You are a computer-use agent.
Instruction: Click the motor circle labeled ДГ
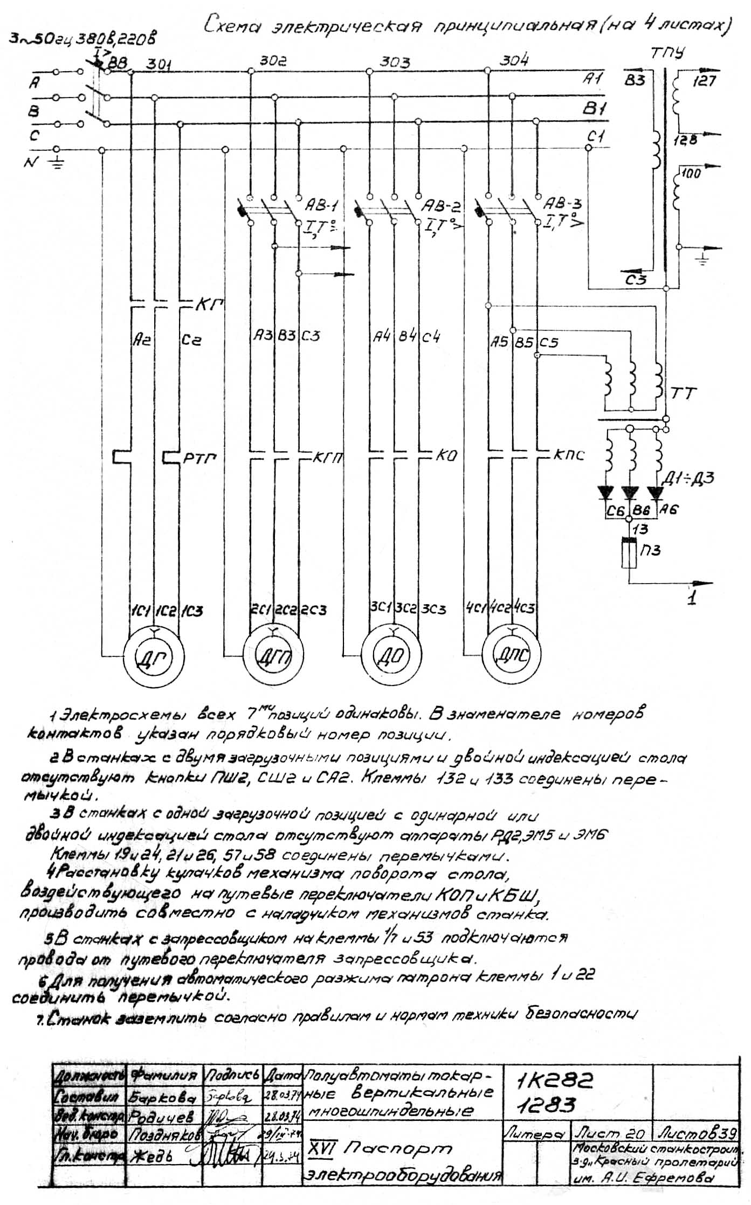point(153,657)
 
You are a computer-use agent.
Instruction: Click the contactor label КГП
point(329,459)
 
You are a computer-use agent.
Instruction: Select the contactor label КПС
point(569,455)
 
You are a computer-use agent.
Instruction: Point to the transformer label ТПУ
point(667,53)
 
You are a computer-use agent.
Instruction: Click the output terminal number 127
point(704,81)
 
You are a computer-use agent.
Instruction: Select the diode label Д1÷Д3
point(694,478)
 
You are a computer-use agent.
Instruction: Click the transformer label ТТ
point(683,393)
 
